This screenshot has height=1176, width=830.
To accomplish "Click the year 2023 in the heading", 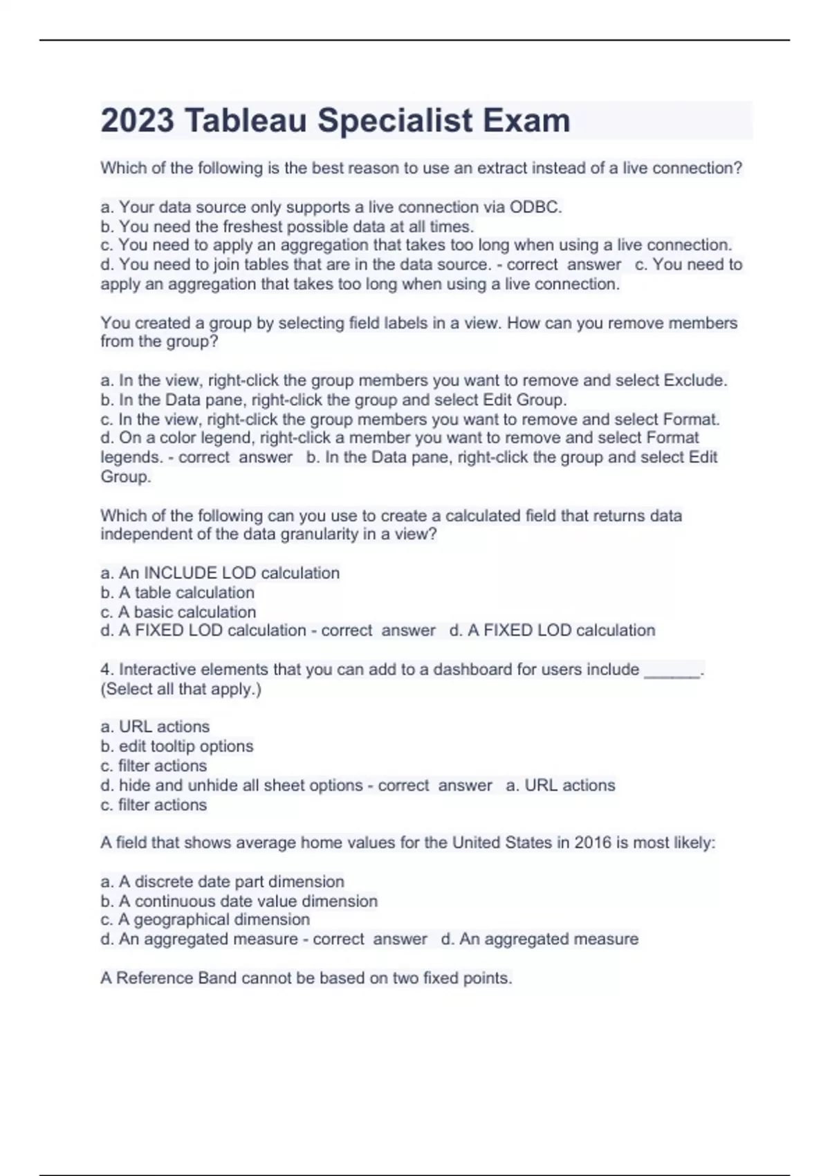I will [138, 120].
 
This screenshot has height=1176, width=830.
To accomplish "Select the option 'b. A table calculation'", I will [177, 592].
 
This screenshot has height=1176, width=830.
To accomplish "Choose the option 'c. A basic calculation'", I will [178, 612].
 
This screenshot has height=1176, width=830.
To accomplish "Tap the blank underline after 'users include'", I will [672, 670].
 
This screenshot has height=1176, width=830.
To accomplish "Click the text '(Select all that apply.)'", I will [181, 689].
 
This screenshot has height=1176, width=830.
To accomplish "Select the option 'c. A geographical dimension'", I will [205, 919].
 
